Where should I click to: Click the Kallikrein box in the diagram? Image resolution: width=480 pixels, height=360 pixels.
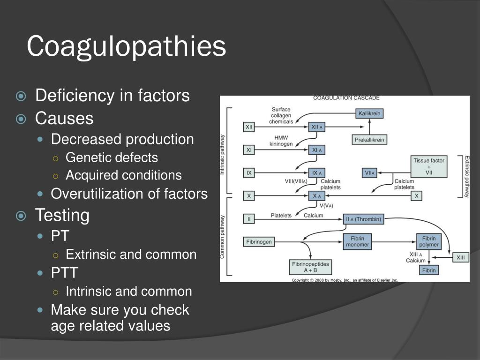(x=369, y=113)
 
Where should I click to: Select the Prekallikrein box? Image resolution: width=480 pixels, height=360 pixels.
(x=369, y=140)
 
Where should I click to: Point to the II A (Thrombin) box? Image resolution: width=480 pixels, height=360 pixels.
(x=363, y=219)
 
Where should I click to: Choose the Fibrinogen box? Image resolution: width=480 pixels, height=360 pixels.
(x=258, y=242)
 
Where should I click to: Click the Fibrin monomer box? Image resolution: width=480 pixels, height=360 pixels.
(x=358, y=241)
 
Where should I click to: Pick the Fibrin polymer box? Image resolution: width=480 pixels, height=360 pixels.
(x=429, y=241)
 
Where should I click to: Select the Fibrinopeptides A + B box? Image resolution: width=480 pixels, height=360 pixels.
(x=311, y=267)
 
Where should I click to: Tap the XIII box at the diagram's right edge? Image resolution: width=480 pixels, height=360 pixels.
(x=461, y=257)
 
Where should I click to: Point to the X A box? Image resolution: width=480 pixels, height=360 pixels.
(x=316, y=196)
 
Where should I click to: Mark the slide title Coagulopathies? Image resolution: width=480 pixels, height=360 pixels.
(x=127, y=46)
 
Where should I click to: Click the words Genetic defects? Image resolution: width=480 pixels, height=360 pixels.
(x=112, y=157)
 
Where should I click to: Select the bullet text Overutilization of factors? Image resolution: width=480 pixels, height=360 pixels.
(x=129, y=194)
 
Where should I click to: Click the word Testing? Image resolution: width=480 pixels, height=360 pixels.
(x=62, y=215)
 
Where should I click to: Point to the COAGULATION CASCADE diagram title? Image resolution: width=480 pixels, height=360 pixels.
(x=346, y=98)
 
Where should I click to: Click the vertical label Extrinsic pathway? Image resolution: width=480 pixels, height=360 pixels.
(x=466, y=176)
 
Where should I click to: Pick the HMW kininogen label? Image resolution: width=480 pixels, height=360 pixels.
(x=281, y=141)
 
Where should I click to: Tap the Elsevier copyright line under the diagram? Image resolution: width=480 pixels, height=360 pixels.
(x=345, y=280)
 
